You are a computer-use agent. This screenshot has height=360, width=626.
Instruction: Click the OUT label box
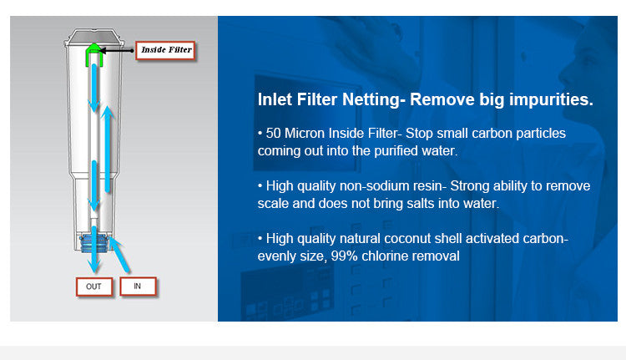[x=94, y=286]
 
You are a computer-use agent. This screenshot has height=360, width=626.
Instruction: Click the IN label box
[x=138, y=286]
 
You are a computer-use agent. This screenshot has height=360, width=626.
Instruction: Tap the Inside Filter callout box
[x=166, y=50]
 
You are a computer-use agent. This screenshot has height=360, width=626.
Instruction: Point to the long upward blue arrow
[x=107, y=149]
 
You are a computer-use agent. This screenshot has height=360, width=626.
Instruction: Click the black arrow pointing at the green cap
[x=116, y=51]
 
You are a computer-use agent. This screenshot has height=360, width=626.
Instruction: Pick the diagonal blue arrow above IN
[x=119, y=255]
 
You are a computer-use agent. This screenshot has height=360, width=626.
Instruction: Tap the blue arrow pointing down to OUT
[x=94, y=250]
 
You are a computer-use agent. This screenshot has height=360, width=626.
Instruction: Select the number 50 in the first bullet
[x=274, y=133]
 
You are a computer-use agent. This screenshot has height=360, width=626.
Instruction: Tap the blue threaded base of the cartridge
[x=94, y=243]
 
